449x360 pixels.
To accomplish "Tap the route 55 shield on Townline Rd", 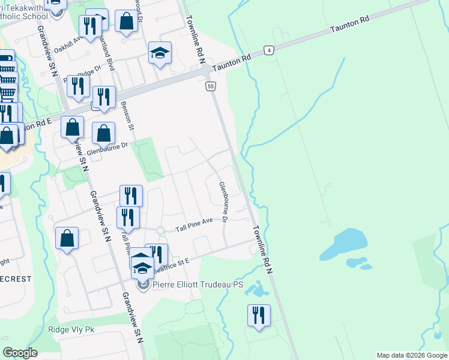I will [210, 87].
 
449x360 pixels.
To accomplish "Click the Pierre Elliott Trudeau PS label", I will [198, 284].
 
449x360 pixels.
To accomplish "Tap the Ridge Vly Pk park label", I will [71, 330].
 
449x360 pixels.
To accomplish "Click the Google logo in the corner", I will [20, 353].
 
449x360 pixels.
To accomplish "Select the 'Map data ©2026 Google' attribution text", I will [412, 355].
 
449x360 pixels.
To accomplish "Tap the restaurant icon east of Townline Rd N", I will [259, 315].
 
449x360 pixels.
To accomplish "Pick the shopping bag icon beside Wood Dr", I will [126, 22].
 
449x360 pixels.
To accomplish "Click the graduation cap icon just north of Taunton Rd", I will [160, 53].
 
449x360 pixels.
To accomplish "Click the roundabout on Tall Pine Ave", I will [160, 230].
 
